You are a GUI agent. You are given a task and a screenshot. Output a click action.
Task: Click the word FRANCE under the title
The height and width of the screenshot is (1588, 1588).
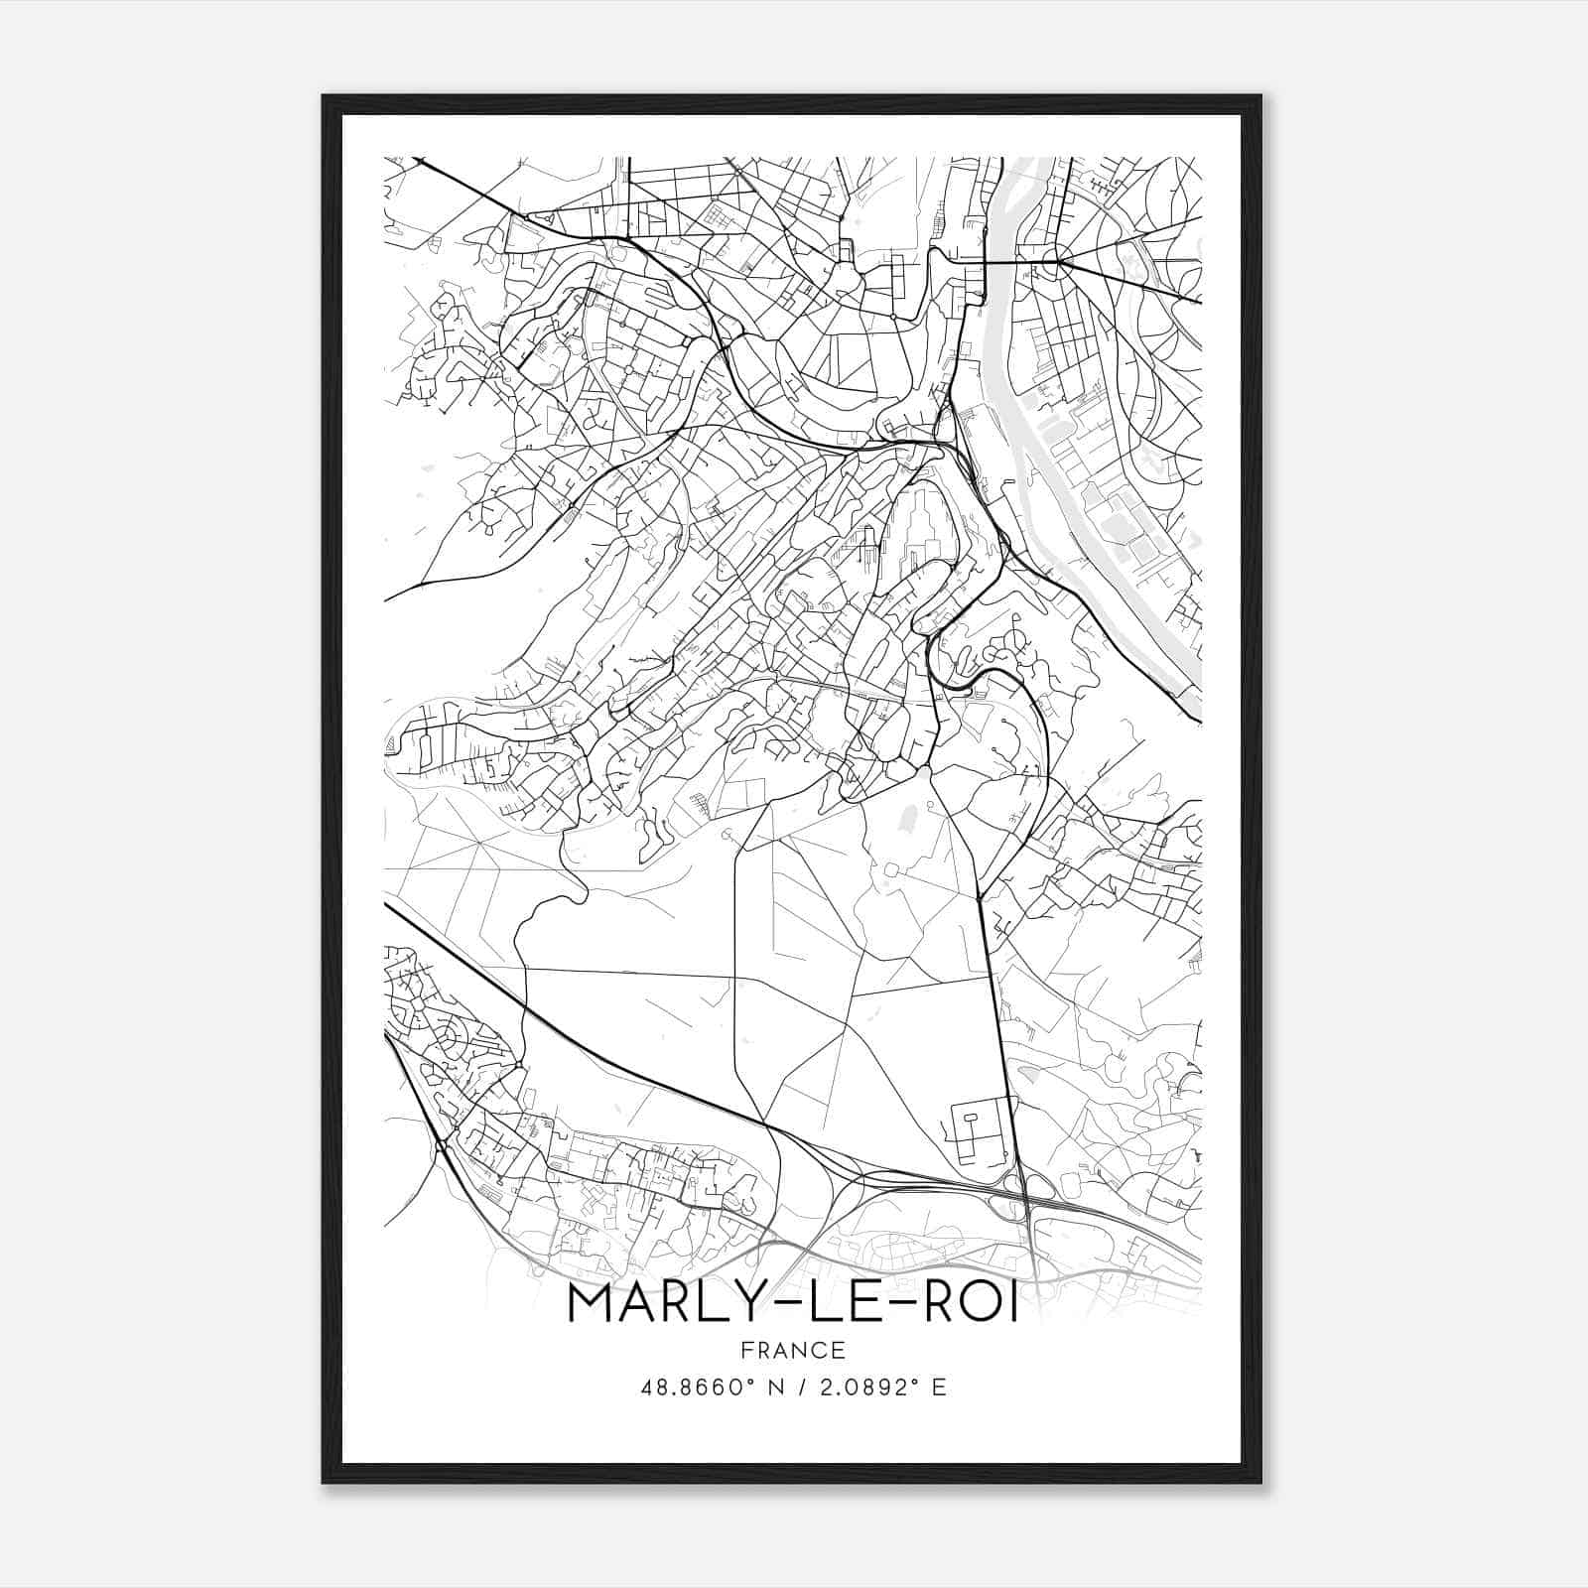tap(792, 1350)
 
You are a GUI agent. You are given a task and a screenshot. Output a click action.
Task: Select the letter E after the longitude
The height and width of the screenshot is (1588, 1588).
tap(939, 1387)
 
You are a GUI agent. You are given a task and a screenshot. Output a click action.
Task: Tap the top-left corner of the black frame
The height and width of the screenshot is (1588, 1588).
tap(325, 97)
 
